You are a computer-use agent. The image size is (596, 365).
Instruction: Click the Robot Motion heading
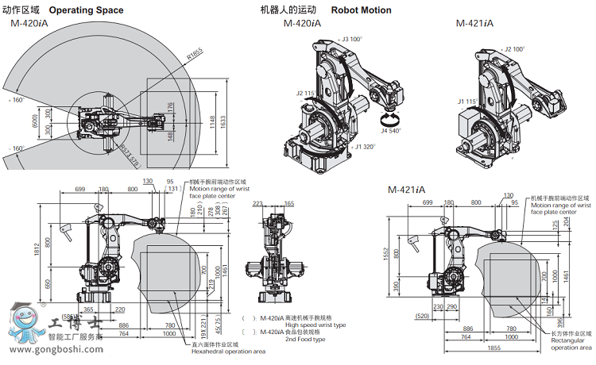(x=358, y=10)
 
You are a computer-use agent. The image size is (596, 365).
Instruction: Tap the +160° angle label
(x=15, y=101)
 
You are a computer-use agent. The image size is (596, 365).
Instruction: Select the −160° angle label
(x=15, y=148)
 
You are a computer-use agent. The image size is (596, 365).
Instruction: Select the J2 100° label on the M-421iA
(x=514, y=49)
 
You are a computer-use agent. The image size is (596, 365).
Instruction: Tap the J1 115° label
(x=467, y=102)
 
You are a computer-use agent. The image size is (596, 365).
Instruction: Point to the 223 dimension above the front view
(x=257, y=204)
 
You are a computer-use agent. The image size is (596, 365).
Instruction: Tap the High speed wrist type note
(x=294, y=325)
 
